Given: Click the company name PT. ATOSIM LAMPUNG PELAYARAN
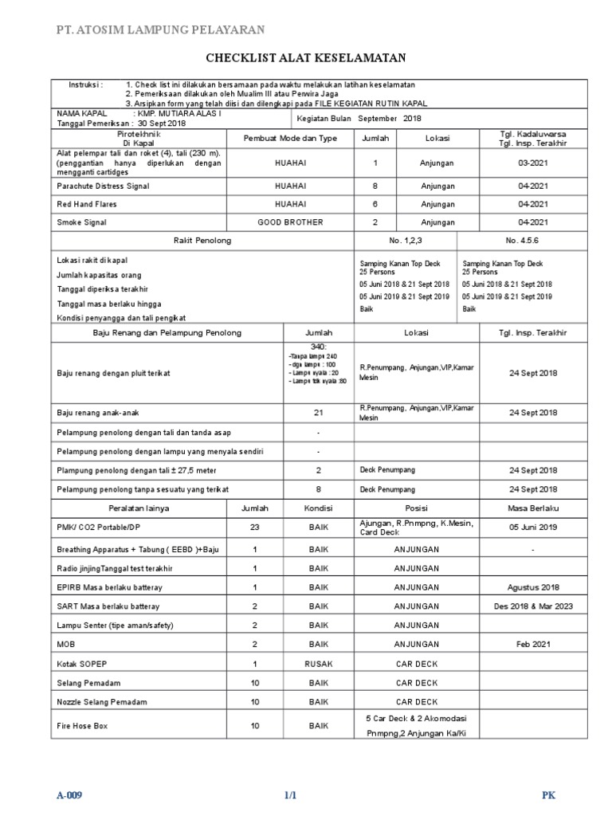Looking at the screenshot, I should pyautogui.click(x=159, y=30).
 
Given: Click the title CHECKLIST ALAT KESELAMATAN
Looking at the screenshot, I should pyautogui.click(x=306, y=58).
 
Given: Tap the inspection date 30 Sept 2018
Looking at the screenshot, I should pyautogui.click(x=161, y=124).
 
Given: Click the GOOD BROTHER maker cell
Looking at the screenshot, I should pyautogui.click(x=290, y=222).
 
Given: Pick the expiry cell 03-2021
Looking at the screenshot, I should pyautogui.click(x=533, y=163).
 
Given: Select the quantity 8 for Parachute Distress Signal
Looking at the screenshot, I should pyautogui.click(x=375, y=186).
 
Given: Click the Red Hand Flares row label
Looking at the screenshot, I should pyautogui.click(x=80, y=204).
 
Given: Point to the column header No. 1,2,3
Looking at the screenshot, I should pyautogui.click(x=406, y=240).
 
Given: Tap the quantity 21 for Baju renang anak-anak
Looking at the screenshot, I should pyautogui.click(x=318, y=413).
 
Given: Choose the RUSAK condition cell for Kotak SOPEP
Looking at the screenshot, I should pyautogui.click(x=319, y=664).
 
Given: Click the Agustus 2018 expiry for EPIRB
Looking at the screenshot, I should pyautogui.click(x=533, y=587).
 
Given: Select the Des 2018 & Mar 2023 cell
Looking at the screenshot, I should pyautogui.click(x=533, y=606).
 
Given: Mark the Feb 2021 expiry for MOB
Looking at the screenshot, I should pyautogui.click(x=533, y=644).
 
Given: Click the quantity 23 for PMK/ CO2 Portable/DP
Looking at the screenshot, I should pyautogui.click(x=255, y=528).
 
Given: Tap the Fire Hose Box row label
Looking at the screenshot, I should pyautogui.click(x=81, y=727).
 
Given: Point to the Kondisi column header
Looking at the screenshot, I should pyautogui.click(x=319, y=508).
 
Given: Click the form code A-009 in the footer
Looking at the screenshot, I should pyautogui.click(x=69, y=796).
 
